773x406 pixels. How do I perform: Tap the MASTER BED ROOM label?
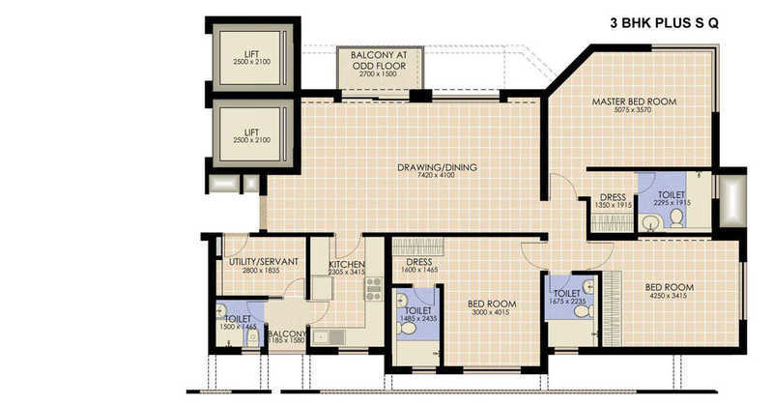[634, 101]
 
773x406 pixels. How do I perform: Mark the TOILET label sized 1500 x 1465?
[238, 318]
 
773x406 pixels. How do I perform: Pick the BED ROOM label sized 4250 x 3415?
[670, 287]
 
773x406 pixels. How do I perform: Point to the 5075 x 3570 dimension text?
[634, 110]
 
